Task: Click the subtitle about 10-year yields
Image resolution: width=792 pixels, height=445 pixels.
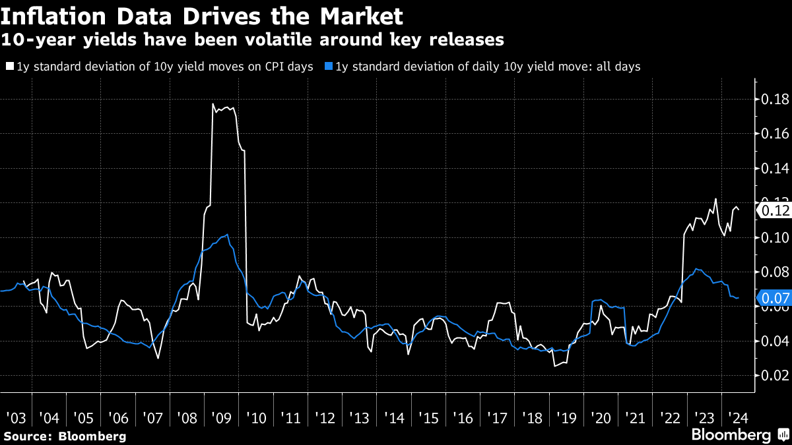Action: pos(253,40)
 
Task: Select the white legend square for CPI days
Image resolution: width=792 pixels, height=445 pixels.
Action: pos(9,67)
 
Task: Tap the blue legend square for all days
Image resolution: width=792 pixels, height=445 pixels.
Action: pos(329,67)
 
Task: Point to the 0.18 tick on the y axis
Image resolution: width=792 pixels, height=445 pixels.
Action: pos(775,100)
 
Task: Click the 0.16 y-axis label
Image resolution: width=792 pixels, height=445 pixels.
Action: pos(775,134)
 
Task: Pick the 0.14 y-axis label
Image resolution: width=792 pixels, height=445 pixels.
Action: pos(775,168)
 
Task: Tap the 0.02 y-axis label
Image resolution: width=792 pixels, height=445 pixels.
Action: pos(775,375)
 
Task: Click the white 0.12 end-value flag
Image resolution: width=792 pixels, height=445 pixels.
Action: pos(773,210)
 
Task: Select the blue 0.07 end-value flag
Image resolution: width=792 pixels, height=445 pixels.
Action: pos(773,298)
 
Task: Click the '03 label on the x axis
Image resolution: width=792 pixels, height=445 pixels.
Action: pos(15,418)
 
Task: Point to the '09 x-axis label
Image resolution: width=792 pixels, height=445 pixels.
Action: pos(221,418)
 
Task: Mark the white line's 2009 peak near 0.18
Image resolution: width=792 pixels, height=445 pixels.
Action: pos(213,104)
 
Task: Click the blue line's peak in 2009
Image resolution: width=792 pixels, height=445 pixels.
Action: pos(228,235)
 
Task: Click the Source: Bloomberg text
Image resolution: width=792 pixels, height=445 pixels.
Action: pos(65,436)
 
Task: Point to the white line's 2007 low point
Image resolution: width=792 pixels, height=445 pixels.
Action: pos(158,358)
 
